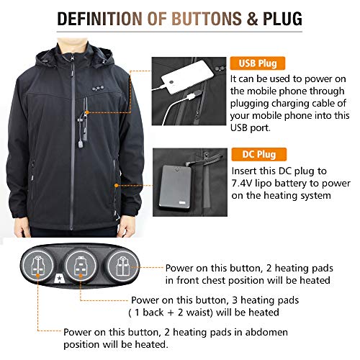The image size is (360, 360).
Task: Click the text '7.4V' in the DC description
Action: click(246, 185)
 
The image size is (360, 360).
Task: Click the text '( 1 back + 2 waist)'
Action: click(176, 312)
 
